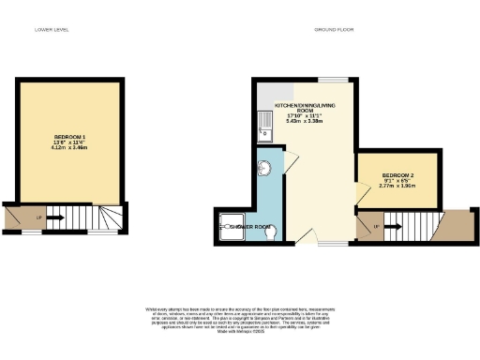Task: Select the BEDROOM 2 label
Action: point(398,176)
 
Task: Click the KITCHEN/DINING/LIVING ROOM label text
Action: point(305,106)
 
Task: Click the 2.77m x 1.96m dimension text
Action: point(398,187)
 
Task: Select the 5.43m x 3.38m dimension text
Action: point(305,121)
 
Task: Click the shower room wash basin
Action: point(265,169)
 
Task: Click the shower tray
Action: point(230,227)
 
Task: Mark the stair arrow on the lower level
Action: point(55,218)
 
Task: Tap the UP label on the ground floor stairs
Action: point(377,226)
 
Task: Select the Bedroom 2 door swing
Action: point(361,194)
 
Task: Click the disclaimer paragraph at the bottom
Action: point(240,316)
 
